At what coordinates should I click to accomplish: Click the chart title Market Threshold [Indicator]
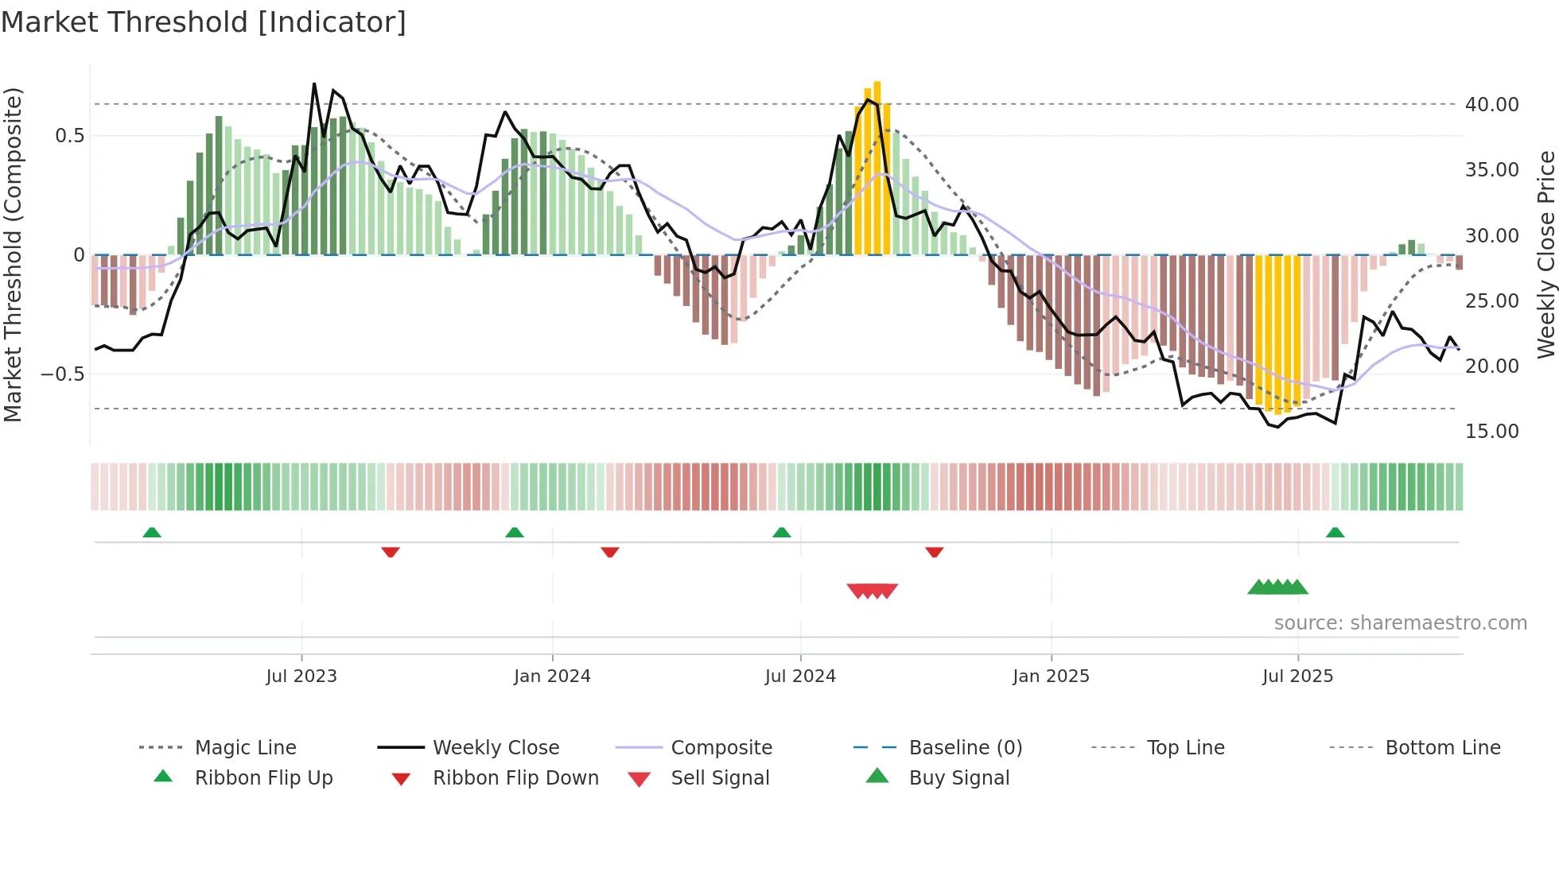(x=204, y=22)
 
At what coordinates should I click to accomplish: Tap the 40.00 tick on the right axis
(x=1491, y=105)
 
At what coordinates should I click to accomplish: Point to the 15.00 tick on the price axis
(x=1491, y=432)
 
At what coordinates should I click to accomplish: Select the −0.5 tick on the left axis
(x=62, y=374)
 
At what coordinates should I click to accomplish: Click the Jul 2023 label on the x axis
(x=301, y=676)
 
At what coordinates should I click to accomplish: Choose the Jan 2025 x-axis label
(x=1051, y=676)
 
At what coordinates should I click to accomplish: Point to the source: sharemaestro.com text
(x=1400, y=623)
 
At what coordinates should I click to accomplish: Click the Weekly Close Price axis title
(x=1545, y=254)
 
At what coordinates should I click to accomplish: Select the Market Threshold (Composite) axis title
(x=13, y=254)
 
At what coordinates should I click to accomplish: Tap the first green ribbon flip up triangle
(x=152, y=533)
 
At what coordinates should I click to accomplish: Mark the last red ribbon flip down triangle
(x=935, y=552)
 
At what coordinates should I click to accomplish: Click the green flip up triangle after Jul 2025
(x=1335, y=533)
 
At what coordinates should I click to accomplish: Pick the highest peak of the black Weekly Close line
(x=314, y=84)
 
